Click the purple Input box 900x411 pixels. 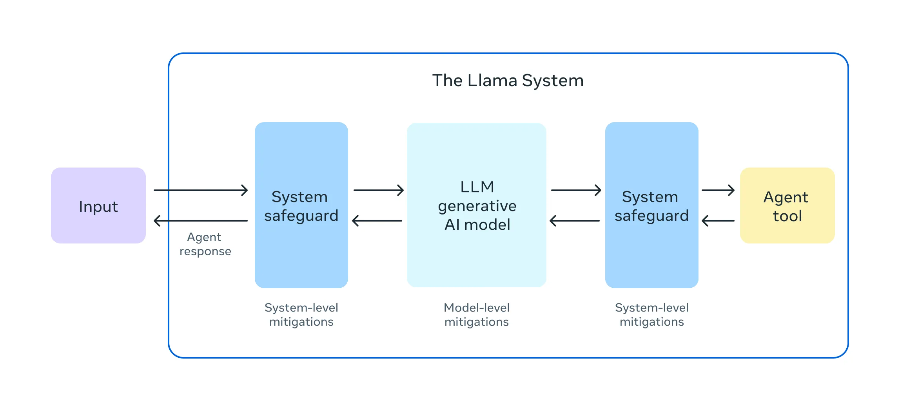point(98,205)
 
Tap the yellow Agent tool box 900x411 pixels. point(787,205)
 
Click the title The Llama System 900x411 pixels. point(508,81)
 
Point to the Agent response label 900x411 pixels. point(205,244)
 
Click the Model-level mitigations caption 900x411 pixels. point(476,314)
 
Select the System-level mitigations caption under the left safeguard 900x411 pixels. point(301,314)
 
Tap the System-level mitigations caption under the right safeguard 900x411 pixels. point(651,314)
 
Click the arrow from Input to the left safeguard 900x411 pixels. point(201,190)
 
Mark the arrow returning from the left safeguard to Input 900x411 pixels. point(201,221)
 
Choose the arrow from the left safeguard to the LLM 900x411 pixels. point(378,190)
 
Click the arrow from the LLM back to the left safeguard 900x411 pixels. point(377,221)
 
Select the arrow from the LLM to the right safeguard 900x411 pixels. point(576,190)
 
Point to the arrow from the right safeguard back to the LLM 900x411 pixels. point(575,221)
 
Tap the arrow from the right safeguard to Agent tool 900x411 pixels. point(718,190)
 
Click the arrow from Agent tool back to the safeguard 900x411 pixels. point(718,221)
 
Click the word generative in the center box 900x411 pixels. point(477,206)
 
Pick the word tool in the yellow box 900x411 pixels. point(787,216)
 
